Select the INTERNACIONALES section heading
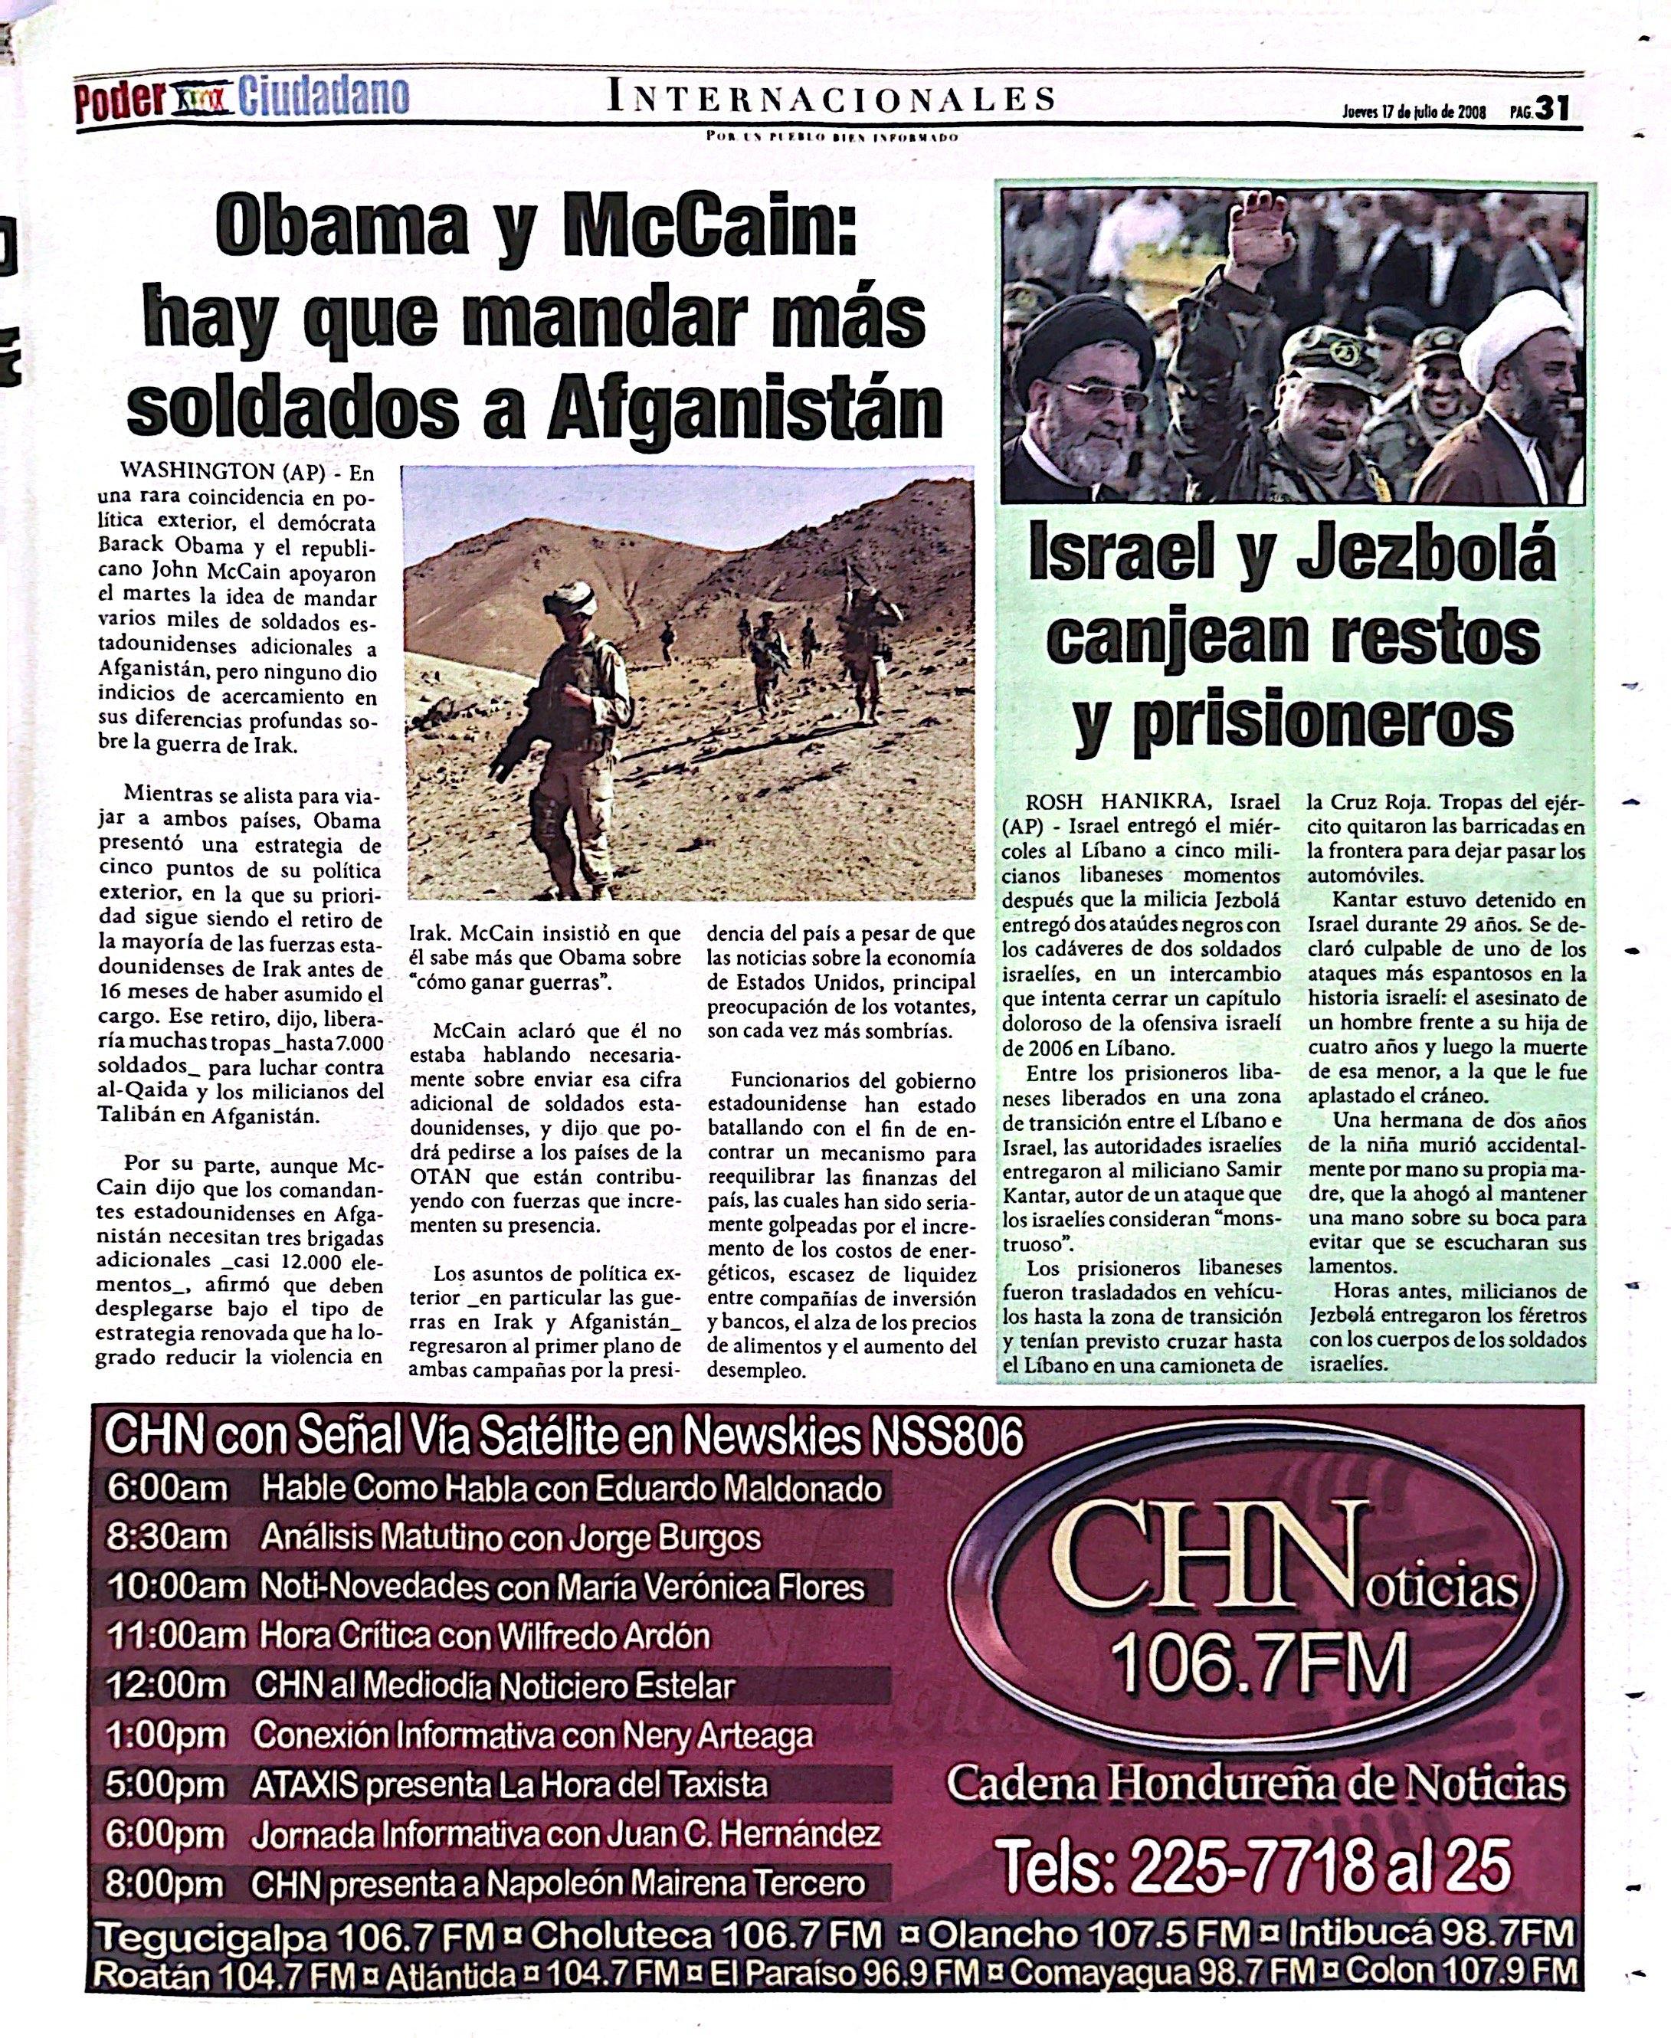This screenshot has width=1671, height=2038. pyautogui.click(x=831, y=98)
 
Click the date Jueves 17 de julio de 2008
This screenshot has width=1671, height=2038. pyautogui.click(x=1414, y=112)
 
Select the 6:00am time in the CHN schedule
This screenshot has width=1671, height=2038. pyautogui.click(x=166, y=1489)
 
